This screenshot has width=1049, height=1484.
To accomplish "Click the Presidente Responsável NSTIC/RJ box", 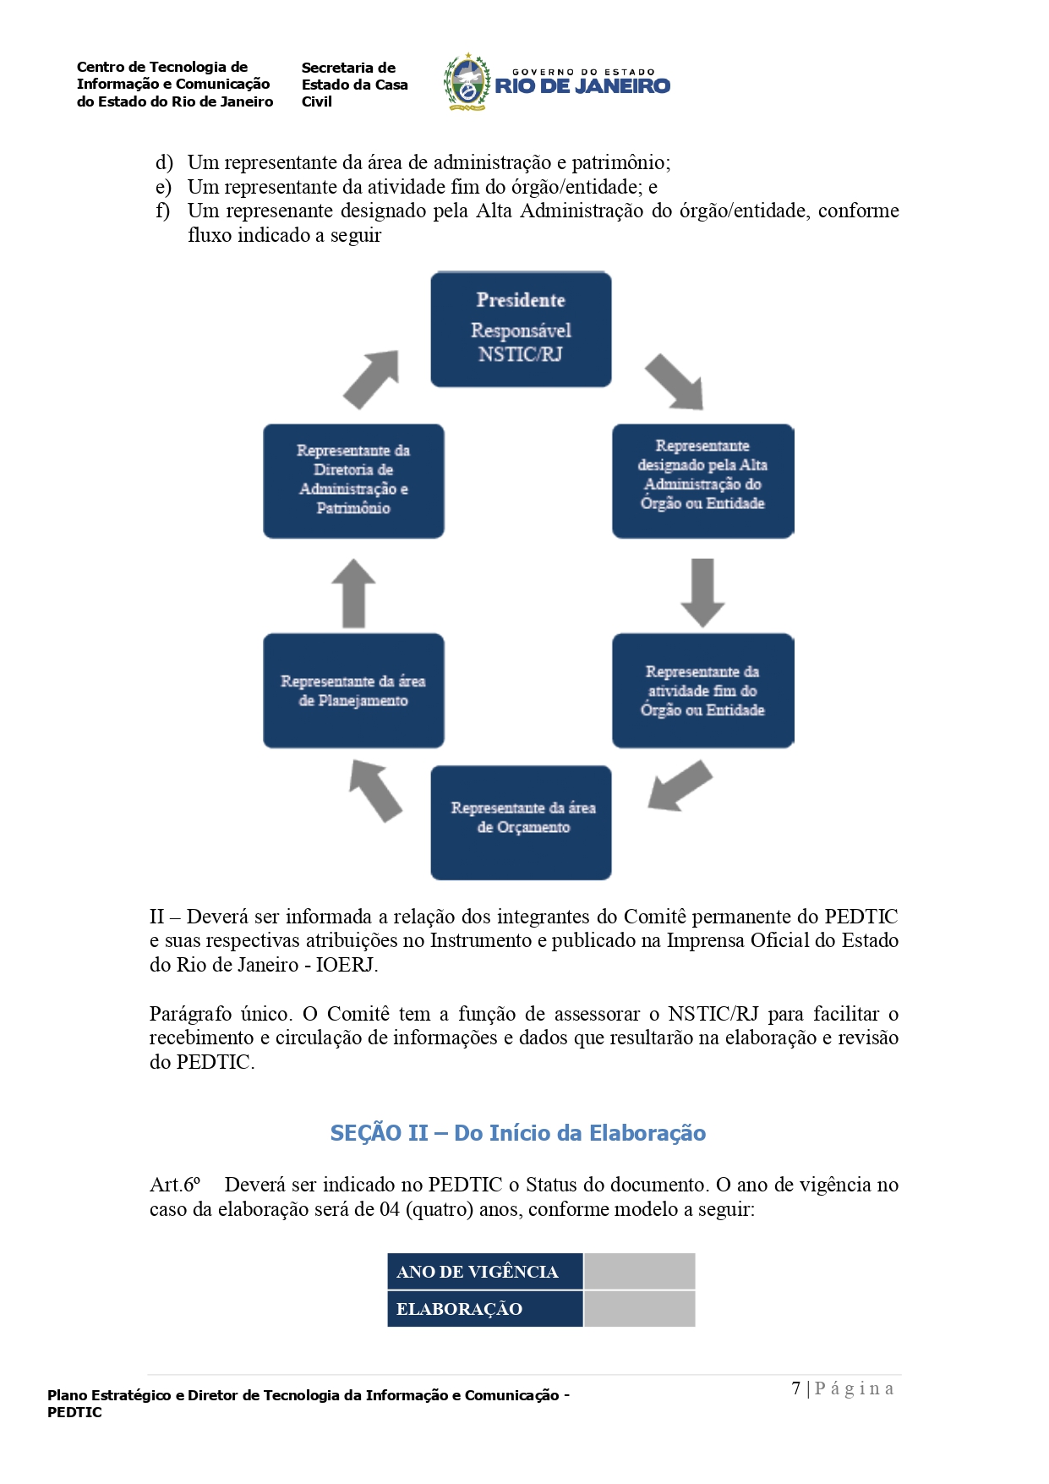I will [x=521, y=329].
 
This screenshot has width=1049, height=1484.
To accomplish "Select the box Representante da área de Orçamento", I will [x=521, y=822].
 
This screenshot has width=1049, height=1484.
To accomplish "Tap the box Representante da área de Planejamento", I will [x=353, y=690].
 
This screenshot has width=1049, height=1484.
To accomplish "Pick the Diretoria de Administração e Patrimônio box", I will [x=353, y=480].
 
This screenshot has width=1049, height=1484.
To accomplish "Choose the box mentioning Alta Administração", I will [x=702, y=480].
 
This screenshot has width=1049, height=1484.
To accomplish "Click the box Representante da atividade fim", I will [x=702, y=690].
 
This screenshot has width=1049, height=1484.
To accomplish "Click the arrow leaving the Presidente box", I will [x=675, y=381].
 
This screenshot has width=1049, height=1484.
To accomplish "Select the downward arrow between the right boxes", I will [x=702, y=592].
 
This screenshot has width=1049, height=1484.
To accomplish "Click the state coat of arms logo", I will [x=467, y=83].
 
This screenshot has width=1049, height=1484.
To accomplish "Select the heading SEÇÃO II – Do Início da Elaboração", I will [x=517, y=1133].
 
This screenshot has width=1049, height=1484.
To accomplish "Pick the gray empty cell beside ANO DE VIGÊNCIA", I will [x=639, y=1272].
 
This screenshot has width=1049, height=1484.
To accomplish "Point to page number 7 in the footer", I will [x=796, y=1388].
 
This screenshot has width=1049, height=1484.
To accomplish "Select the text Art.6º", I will [x=175, y=1185].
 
